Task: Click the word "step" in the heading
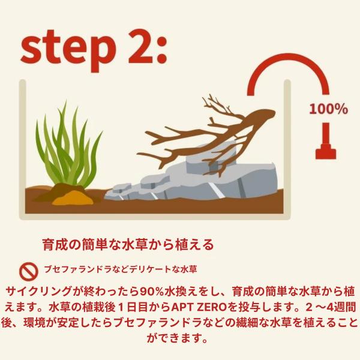[68, 50]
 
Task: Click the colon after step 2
[162, 50]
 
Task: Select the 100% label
[328, 109]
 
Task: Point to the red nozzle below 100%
[326, 141]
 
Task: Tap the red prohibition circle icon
[29, 271]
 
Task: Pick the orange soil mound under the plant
[73, 198]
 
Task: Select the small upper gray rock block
[211, 158]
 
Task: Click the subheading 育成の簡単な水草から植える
[128, 245]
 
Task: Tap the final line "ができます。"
[177, 338]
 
